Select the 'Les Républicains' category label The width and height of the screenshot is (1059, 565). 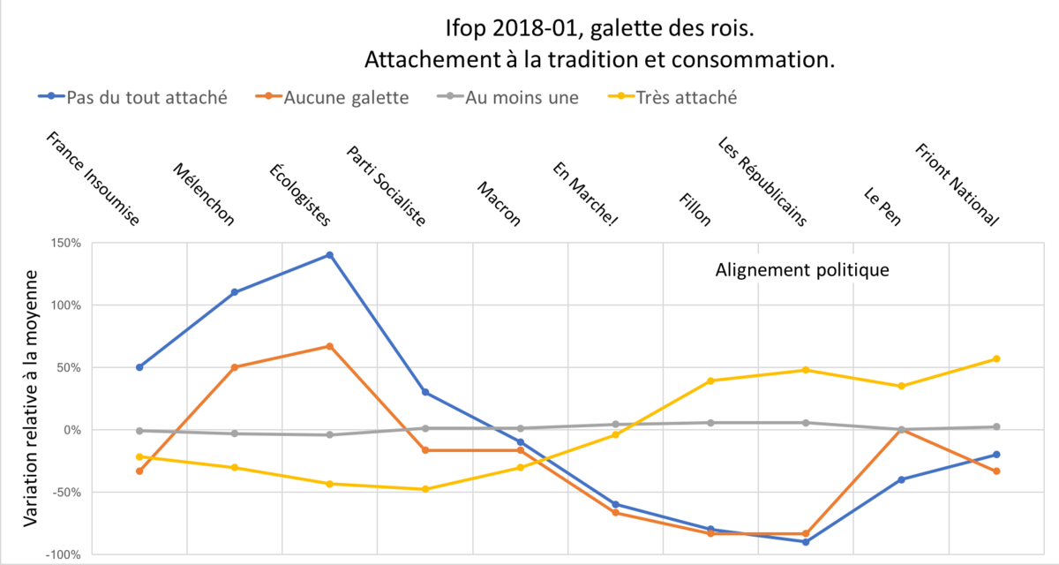tap(762, 182)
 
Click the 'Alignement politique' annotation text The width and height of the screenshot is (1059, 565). tap(801, 269)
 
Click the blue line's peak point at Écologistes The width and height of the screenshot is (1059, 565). tap(329, 255)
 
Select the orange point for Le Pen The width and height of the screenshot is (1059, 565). tap(901, 430)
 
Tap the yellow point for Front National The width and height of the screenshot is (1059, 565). tap(996, 358)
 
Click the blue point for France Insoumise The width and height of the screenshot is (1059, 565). tap(139, 367)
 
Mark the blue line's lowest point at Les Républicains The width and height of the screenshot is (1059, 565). tap(806, 541)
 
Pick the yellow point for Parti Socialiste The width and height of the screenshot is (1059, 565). tap(424, 489)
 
